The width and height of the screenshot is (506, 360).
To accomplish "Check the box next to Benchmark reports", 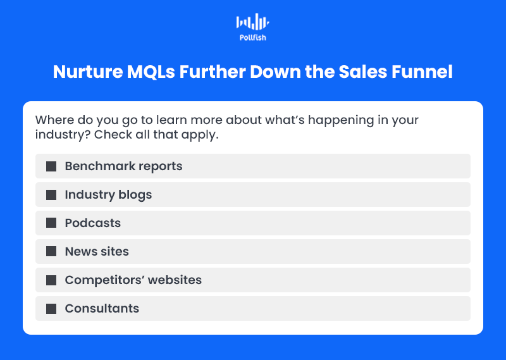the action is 51,166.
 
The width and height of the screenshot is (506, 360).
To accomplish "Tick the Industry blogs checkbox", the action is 51,195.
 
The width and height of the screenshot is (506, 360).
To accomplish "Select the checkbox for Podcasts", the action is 51,223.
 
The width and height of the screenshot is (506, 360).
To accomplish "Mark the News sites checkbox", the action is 51,251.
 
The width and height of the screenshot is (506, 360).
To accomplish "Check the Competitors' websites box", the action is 51,280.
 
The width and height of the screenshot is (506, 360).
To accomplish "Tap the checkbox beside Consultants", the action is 51,308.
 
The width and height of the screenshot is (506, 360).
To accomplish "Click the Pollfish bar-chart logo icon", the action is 252,22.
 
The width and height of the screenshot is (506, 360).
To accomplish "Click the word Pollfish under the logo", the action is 252,38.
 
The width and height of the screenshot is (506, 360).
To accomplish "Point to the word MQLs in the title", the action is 151,71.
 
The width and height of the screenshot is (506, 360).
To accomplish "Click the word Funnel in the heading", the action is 422,71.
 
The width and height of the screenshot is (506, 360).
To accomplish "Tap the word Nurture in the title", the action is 88,71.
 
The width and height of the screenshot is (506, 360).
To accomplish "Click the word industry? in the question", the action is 63,135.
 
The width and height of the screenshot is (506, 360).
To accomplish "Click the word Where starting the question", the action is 54,120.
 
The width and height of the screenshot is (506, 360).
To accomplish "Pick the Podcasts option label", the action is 93,223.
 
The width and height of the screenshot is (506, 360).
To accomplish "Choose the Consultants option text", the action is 102,308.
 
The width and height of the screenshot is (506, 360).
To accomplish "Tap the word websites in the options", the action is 175,280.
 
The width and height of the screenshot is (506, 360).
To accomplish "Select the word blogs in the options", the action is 135,195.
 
